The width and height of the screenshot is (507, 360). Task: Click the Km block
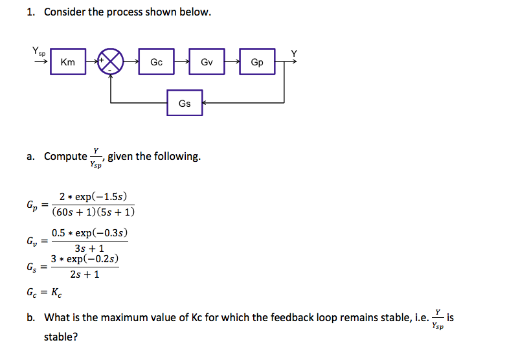tap(68, 62)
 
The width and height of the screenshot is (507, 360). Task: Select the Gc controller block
tap(156, 62)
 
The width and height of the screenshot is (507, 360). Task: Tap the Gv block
tap(207, 62)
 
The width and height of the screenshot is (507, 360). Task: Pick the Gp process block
tap(257, 62)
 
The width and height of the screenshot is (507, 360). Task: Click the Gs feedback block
tap(185, 103)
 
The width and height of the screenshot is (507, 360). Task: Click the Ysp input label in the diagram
tap(38, 51)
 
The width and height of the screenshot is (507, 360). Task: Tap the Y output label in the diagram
tap(293, 53)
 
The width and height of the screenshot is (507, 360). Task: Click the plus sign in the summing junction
tap(102, 60)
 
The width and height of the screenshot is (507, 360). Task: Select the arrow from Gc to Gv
tap(182, 62)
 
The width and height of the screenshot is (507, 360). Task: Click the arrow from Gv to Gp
tap(232, 62)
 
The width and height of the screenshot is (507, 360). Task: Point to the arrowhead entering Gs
tap(205, 103)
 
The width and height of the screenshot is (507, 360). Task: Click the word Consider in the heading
tap(65, 12)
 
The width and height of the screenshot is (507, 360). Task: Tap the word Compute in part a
tap(65, 157)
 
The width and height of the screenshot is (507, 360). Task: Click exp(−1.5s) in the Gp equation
tap(101, 197)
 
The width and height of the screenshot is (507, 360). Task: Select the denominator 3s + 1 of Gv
tap(89, 249)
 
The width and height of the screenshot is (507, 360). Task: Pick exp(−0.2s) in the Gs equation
tap(93, 259)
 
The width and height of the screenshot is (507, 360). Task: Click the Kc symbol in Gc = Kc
tap(56, 293)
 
